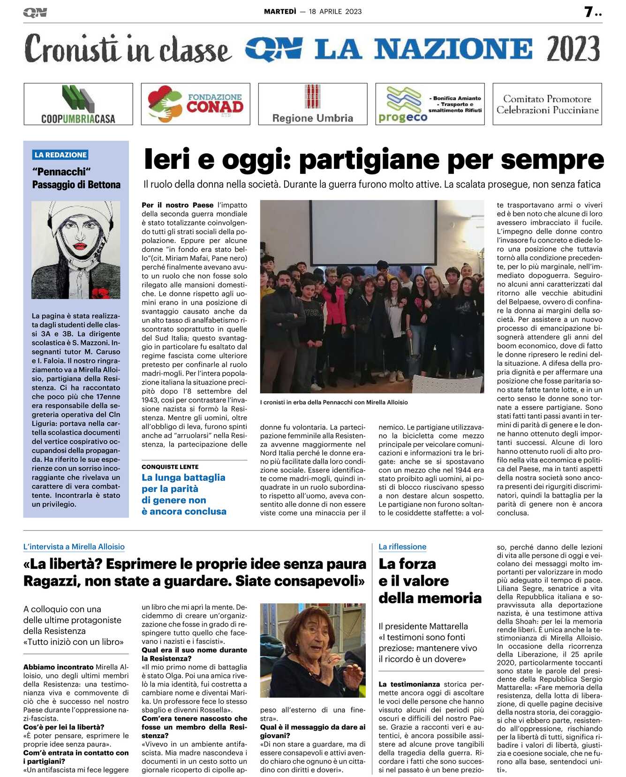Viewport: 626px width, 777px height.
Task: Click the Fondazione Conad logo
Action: (196, 104)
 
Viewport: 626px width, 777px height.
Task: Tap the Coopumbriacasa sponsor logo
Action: (78, 104)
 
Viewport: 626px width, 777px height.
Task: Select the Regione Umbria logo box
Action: (313, 104)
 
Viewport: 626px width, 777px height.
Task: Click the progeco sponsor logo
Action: (430, 104)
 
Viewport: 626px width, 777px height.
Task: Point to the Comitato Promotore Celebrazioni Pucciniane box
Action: (547, 104)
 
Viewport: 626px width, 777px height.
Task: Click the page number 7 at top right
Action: (589, 12)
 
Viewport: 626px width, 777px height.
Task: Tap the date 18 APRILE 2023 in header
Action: (335, 12)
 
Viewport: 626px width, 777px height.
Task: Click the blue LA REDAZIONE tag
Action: (60, 155)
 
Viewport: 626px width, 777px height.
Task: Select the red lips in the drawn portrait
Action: (80, 246)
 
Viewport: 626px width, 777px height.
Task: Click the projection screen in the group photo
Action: (373, 232)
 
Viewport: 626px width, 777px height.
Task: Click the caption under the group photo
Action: (334, 402)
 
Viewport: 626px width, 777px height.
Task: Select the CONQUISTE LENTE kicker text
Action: (170, 467)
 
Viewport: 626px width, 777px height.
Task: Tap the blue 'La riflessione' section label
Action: (402, 547)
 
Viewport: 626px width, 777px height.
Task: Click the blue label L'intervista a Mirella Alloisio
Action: (74, 547)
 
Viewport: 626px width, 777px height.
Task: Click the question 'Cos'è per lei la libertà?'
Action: (64, 727)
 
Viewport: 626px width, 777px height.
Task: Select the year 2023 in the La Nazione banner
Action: (573, 49)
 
